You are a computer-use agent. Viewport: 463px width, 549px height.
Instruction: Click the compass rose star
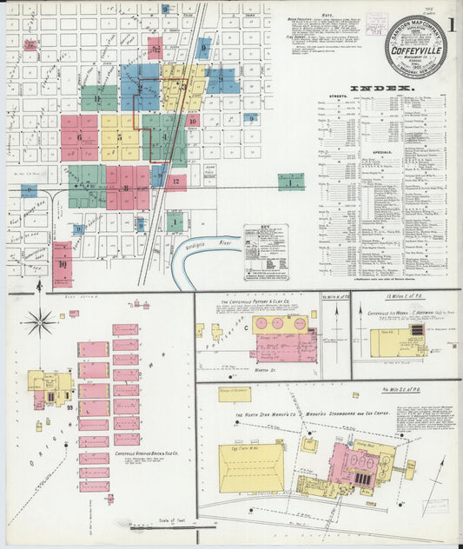pos(39,323)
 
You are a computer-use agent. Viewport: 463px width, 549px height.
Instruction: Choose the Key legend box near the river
pos(266,252)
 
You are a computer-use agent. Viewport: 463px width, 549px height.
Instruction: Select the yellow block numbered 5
pos(119,136)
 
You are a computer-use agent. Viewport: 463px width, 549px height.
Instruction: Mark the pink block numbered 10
pos(63,264)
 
